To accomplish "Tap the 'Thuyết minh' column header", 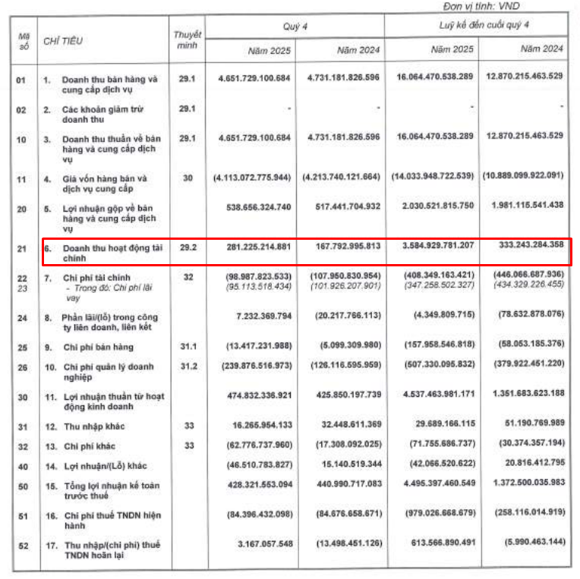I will (187, 39).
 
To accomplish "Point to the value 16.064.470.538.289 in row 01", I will (432, 78).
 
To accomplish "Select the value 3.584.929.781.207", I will (432, 247).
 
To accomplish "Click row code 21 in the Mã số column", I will (22, 247).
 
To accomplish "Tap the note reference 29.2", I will (187, 247).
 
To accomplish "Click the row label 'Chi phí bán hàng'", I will (99, 347).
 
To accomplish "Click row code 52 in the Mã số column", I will (22, 544).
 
